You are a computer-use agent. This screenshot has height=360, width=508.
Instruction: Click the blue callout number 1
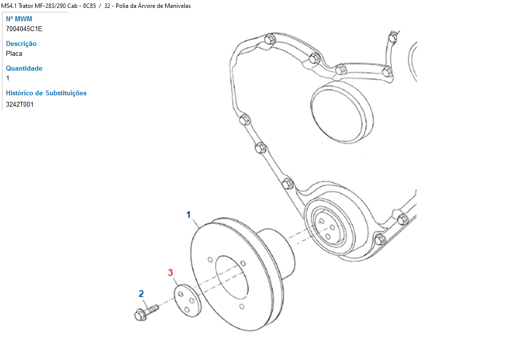[x=188, y=215]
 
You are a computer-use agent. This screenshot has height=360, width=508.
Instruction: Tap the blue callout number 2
[x=141, y=294]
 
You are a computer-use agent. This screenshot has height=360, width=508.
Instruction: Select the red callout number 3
[x=170, y=273]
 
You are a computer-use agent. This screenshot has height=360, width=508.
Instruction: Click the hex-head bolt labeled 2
[x=146, y=312]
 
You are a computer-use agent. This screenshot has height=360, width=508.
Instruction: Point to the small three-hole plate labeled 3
[x=188, y=300]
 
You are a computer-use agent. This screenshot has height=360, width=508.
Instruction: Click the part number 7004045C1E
[x=24, y=29]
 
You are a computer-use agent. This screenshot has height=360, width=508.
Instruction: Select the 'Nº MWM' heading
[x=19, y=19]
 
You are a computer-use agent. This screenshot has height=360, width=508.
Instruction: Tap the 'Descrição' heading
[x=21, y=44]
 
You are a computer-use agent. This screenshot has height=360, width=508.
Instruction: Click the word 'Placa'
[x=14, y=53]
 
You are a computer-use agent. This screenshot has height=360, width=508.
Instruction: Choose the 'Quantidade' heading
[x=24, y=68]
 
